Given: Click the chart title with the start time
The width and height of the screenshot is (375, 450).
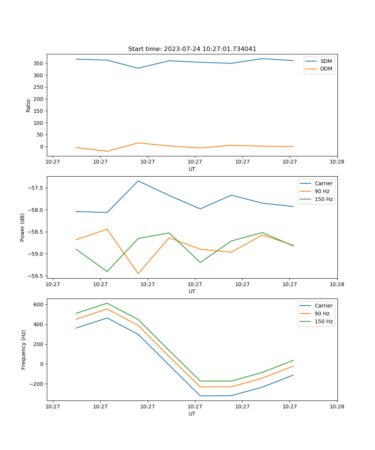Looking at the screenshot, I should pyautogui.click(x=192, y=49).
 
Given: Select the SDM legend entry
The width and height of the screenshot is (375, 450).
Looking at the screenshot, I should pyautogui.click(x=326, y=61).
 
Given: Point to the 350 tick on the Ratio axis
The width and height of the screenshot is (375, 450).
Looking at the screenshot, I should pyautogui.click(x=39, y=63).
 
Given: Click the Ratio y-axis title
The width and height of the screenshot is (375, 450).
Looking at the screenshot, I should pyautogui.click(x=28, y=106).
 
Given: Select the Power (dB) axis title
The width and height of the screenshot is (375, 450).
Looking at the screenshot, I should pyautogui.click(x=22, y=227).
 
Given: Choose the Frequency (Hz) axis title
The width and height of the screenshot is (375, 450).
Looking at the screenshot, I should pyautogui.click(x=24, y=349).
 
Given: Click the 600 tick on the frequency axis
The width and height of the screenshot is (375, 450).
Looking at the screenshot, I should pyautogui.click(x=39, y=304).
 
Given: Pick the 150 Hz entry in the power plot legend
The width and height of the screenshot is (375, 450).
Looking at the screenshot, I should pyautogui.click(x=324, y=199).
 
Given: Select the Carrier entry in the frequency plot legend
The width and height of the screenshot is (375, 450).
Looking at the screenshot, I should pyautogui.click(x=323, y=306).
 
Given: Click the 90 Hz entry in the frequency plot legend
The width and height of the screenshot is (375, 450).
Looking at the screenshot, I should pyautogui.click(x=322, y=313).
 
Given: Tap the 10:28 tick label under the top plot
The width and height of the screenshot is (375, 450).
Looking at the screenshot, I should pyautogui.click(x=337, y=162).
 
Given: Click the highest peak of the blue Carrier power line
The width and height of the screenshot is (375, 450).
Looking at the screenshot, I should pyautogui.click(x=138, y=181).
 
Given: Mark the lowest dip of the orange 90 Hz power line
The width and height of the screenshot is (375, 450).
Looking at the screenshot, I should pyautogui.click(x=138, y=273).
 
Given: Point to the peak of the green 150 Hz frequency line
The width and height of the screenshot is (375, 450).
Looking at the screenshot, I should pyautogui.click(x=107, y=303).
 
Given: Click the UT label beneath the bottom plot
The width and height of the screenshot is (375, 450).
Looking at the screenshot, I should pyautogui.click(x=192, y=414).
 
